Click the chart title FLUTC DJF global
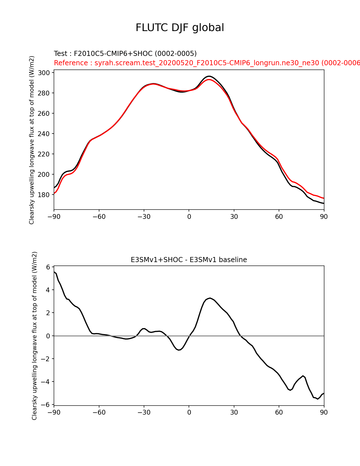pos(180,28)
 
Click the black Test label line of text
pos(125,54)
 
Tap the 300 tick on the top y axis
pos(44,73)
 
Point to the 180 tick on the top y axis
pos(44,195)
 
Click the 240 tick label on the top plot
pos(44,134)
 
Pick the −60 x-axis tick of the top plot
pos(99,217)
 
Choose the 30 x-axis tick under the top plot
pos(234,217)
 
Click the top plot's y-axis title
pos(32,140)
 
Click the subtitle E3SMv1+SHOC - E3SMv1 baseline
pos(189,260)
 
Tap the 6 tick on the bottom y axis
pos(48,267)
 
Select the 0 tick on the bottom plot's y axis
pos(48,336)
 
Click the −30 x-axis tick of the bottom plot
pos(144,412)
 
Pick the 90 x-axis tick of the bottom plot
pos(324,412)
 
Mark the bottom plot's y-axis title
pos(34,336)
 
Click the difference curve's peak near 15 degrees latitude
pos(210,298)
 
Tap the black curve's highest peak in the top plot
pos(209,76)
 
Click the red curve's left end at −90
pos(54,193)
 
